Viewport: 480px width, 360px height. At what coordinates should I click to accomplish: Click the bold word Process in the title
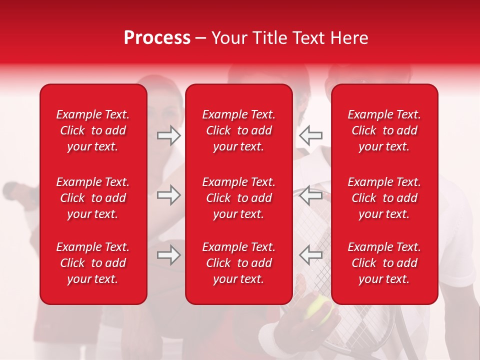pos(157,38)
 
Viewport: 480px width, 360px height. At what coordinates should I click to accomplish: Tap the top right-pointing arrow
pos(169,135)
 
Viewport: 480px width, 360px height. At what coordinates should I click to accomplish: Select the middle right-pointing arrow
pos(169,195)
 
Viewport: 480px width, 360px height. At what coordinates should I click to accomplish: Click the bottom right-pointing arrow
pos(169,255)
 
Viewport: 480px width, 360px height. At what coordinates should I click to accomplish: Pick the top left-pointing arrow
pos(310,135)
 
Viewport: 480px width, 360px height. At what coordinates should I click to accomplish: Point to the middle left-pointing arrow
pos(310,195)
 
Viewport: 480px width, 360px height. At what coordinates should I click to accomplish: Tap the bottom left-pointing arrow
pos(310,255)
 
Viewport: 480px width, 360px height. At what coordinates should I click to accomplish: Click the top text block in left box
pos(93,130)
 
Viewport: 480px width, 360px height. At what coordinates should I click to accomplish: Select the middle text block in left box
pos(93,198)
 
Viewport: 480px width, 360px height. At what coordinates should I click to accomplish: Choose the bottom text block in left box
pos(93,263)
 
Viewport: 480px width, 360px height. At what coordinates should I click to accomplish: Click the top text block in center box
pos(239,130)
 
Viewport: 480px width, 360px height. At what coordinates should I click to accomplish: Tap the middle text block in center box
pos(239,198)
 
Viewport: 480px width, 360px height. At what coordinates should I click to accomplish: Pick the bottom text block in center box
pos(239,263)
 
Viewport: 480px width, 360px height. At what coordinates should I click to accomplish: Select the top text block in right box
pos(384,130)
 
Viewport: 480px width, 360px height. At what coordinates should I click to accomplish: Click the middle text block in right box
pos(384,198)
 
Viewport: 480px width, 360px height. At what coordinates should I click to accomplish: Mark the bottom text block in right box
pos(384,263)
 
